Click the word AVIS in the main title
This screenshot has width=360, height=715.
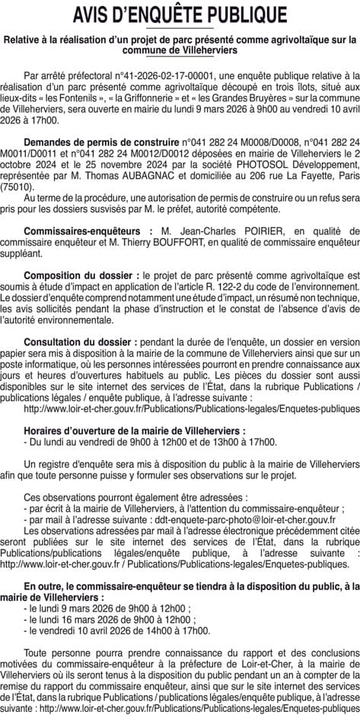(98, 16)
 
